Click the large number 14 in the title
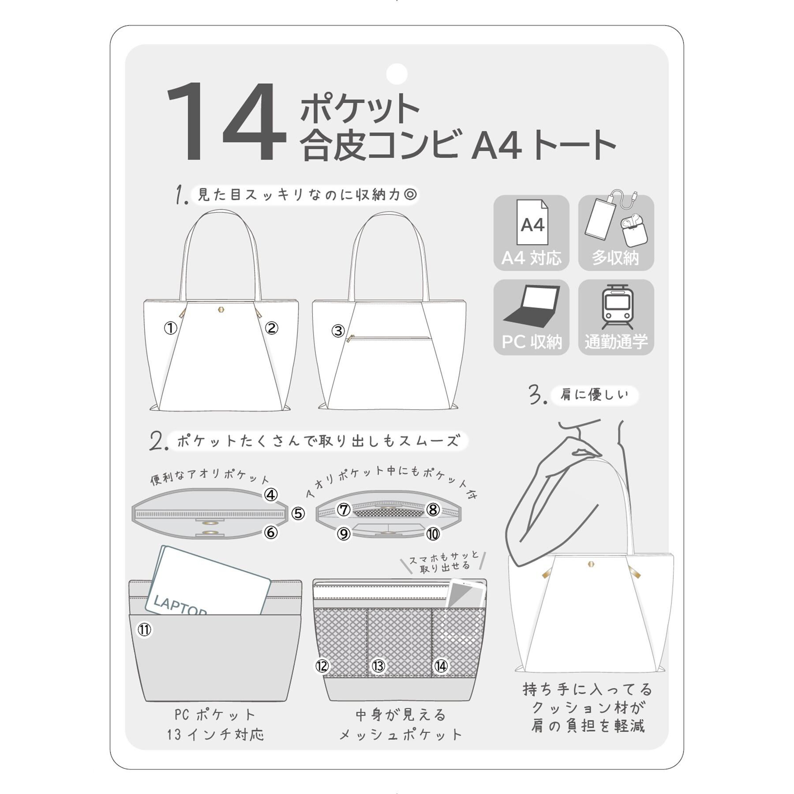(x=226, y=122)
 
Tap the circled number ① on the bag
(x=171, y=328)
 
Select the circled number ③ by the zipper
(x=338, y=331)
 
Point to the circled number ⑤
(x=298, y=513)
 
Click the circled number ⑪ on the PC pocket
(x=145, y=629)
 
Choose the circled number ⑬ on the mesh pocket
(x=378, y=666)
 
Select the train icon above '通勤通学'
(x=616, y=307)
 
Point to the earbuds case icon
(x=634, y=232)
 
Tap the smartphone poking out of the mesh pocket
(x=466, y=594)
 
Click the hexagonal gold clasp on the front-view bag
(x=221, y=310)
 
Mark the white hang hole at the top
(x=397, y=74)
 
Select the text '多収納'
(x=615, y=258)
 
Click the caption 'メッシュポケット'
(x=401, y=734)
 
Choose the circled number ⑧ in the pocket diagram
(x=433, y=510)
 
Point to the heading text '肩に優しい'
(x=594, y=394)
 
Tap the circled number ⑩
(x=433, y=534)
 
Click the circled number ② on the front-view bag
(x=271, y=328)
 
